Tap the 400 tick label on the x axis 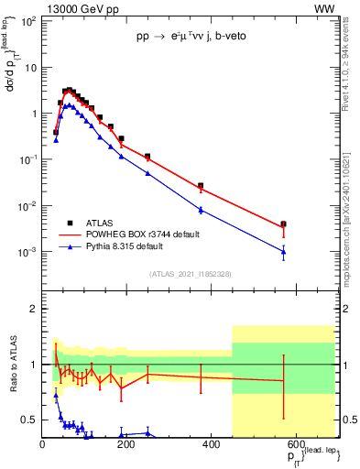coord(210,445)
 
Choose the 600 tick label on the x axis coord(294,445)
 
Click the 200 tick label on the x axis coord(126,445)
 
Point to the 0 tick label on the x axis coord(42,445)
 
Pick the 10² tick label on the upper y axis coord(27,21)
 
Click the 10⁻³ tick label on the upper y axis coord(27,252)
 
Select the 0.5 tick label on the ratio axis coord(29,420)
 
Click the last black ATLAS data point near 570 coord(284,224)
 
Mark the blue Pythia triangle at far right coord(284,252)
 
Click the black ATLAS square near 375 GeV coord(201,186)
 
